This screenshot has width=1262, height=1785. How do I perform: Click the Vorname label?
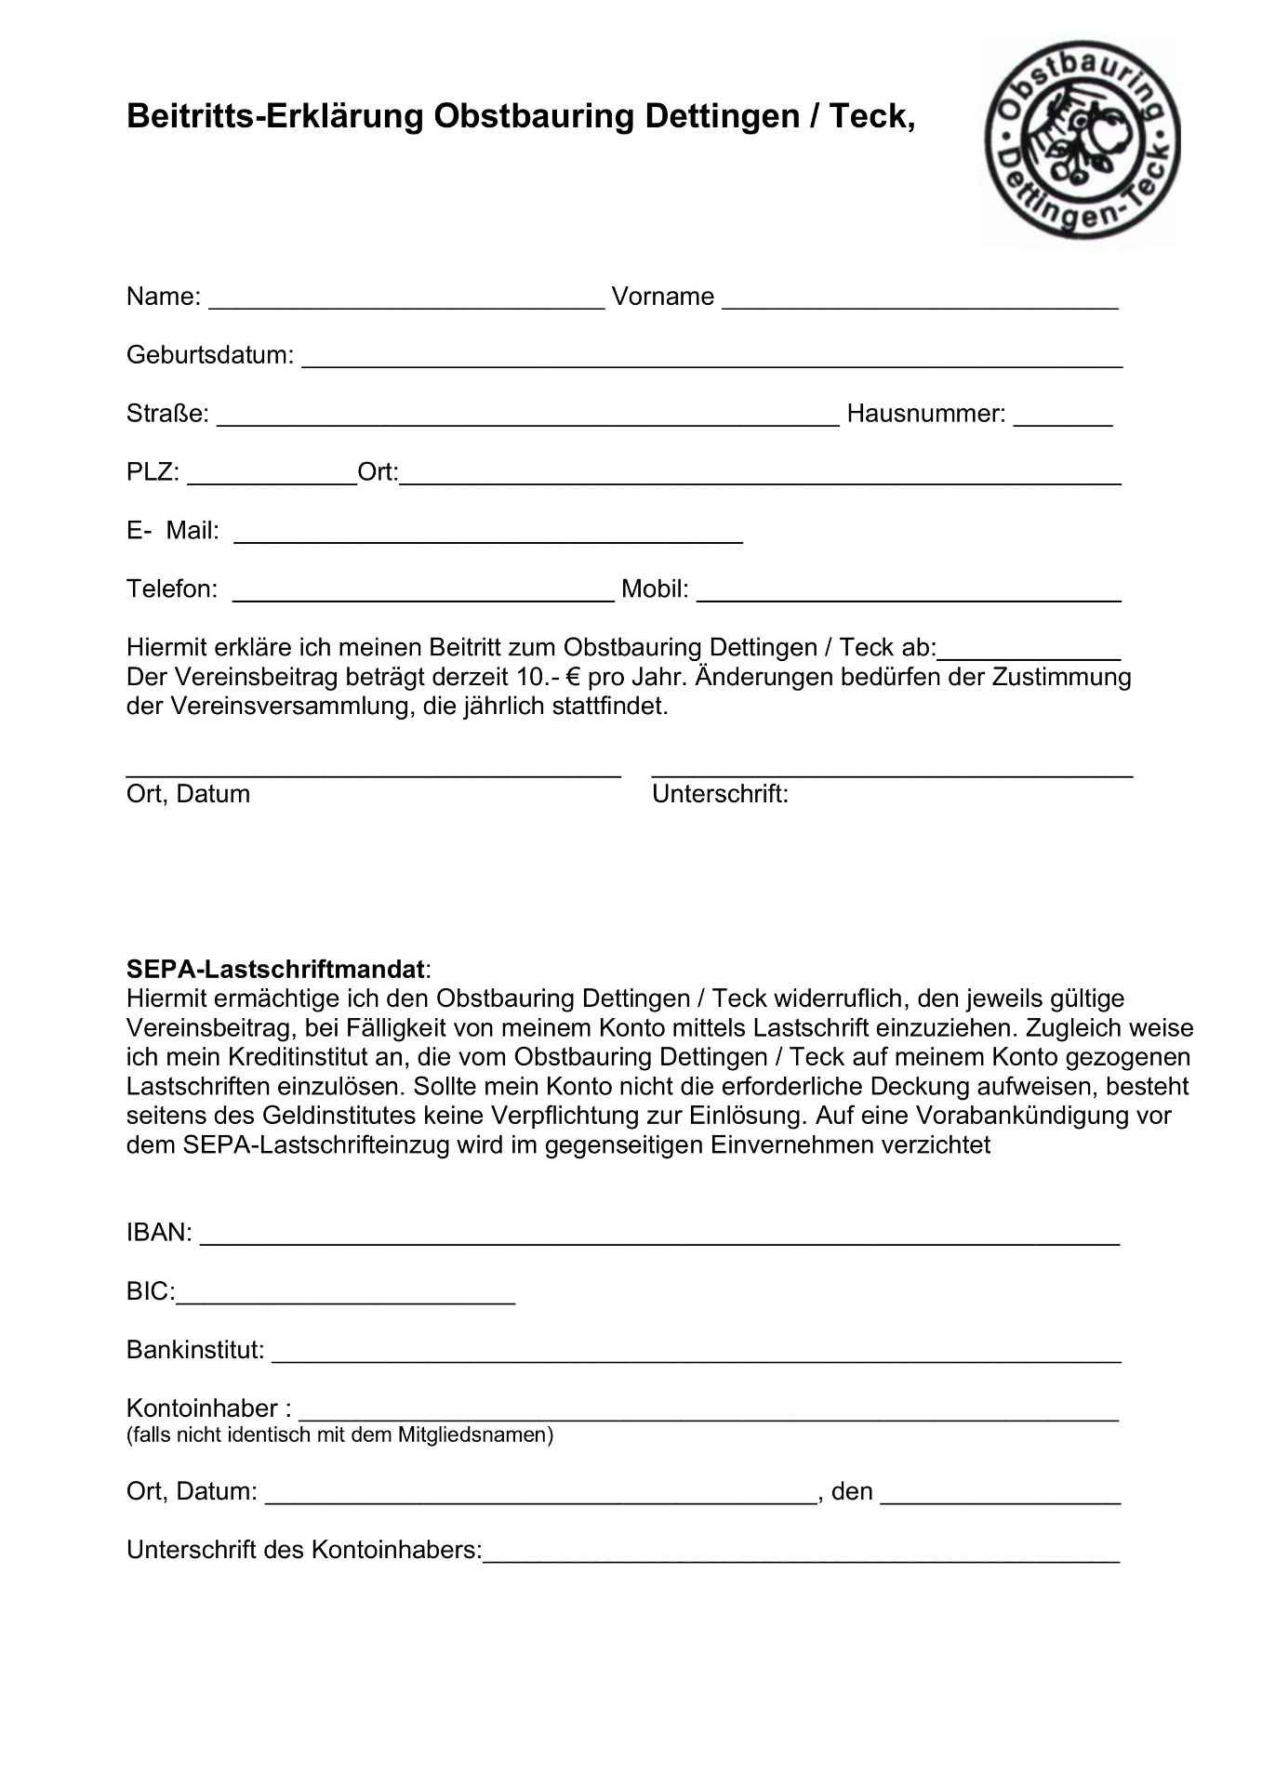(663, 297)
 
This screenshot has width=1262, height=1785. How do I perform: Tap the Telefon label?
(172, 589)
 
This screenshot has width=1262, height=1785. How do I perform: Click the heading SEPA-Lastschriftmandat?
(276, 969)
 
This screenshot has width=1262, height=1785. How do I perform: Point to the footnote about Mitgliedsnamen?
(339, 1435)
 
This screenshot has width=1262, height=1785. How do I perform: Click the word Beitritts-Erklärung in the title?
(274, 116)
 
